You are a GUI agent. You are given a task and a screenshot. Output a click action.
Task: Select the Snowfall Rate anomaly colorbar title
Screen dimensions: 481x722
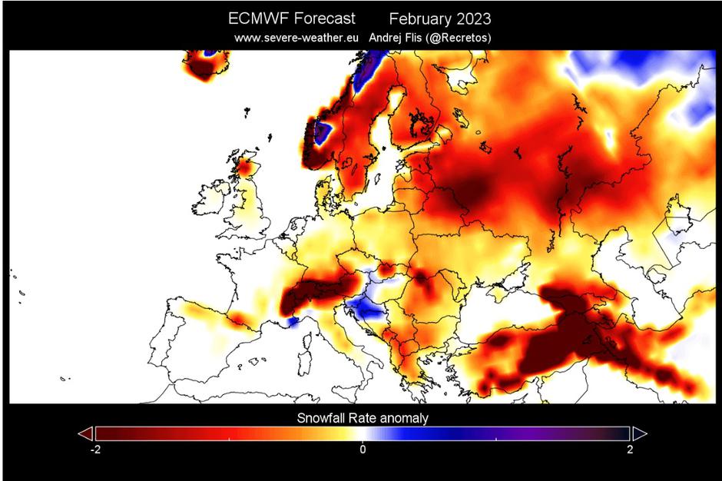363,418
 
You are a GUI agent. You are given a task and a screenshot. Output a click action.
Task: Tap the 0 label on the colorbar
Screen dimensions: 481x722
363,449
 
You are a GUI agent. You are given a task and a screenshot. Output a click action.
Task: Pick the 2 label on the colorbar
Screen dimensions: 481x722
630,449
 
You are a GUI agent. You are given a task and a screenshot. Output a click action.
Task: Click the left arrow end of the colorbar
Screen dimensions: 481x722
87,433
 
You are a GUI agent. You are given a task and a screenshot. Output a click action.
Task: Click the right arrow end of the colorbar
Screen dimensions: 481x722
639,433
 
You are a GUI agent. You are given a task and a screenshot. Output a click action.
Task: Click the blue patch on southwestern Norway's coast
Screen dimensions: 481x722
322,134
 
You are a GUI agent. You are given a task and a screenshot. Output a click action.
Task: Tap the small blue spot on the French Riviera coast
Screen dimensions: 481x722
291,322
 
